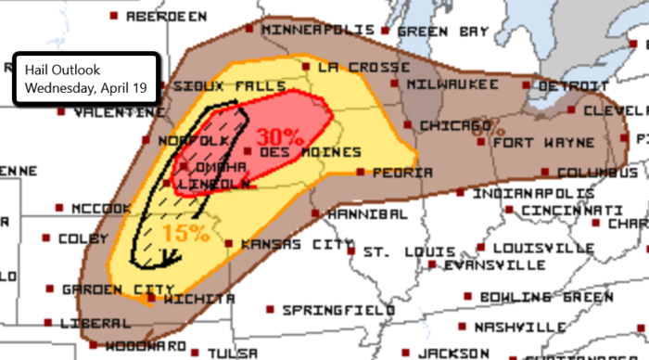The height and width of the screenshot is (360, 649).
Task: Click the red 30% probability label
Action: coord(280,136)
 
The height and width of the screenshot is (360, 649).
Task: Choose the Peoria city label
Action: coord(402,173)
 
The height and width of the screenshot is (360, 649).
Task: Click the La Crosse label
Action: coord(363,68)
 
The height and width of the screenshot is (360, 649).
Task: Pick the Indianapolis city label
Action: coord(533,195)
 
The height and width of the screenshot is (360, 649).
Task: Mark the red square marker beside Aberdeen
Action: coord(113,16)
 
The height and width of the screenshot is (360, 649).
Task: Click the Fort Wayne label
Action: coord(543,144)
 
